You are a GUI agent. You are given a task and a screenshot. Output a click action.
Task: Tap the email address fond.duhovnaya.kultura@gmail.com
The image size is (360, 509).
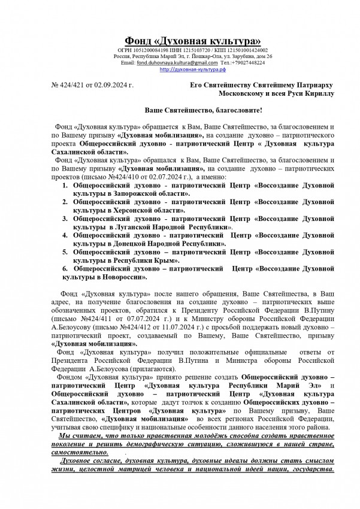(x=177, y=62)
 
